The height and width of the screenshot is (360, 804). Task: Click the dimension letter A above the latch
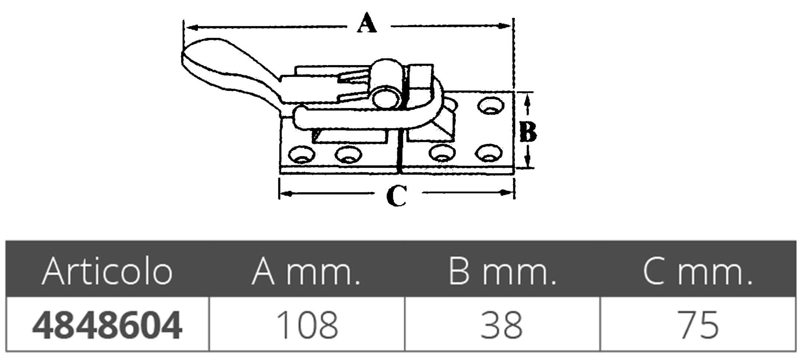tap(367, 23)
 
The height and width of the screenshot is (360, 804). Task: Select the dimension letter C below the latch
tap(397, 196)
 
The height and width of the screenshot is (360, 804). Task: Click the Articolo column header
tap(107, 271)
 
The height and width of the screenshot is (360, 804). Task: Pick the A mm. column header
tap(306, 272)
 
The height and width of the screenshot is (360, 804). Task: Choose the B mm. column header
tap(503, 272)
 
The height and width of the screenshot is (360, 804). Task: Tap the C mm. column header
tap(698, 272)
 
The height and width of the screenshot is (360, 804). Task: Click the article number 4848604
tap(107, 325)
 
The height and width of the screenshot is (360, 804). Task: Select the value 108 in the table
tap(307, 325)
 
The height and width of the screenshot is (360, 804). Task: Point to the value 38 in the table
tap(502, 325)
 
